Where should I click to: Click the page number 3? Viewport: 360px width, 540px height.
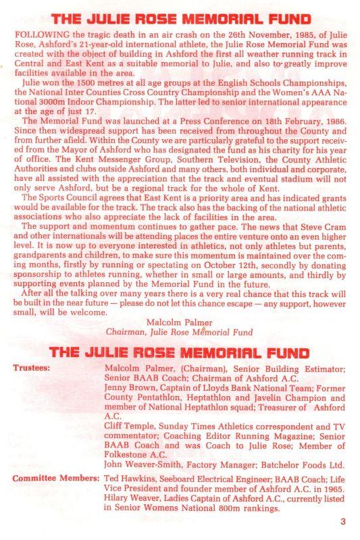pyautogui.click(x=344, y=520)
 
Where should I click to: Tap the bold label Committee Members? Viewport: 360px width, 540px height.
pyautogui.click(x=54, y=476)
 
